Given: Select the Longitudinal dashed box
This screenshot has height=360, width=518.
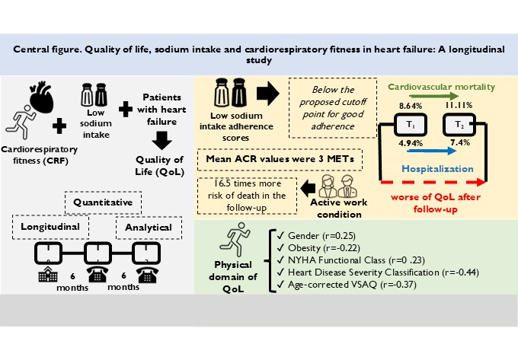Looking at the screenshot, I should [x=51, y=225].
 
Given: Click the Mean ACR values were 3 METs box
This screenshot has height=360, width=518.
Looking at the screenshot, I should [x=274, y=160].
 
